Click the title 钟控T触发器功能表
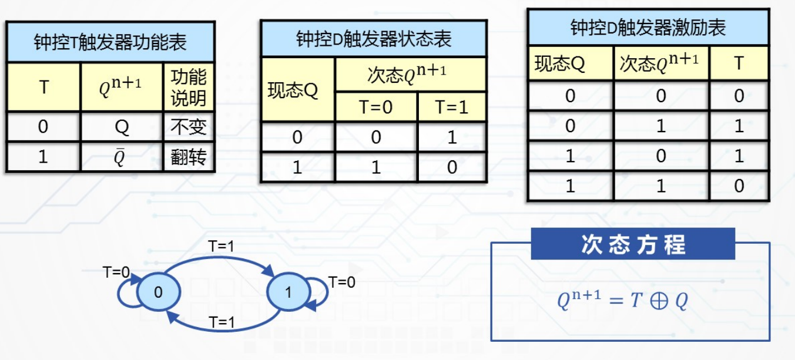pyautogui.click(x=110, y=43)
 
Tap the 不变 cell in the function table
pyautogui.click(x=189, y=127)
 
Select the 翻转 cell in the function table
pyautogui.click(x=189, y=157)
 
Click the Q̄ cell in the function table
pyautogui.click(x=122, y=157)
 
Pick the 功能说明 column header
pyautogui.click(x=189, y=88)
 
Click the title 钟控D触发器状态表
pyautogui.click(x=374, y=39)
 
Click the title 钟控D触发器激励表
pyautogui.click(x=648, y=27)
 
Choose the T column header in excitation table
pyautogui.click(x=739, y=63)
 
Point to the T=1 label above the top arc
pyautogui.click(x=221, y=247)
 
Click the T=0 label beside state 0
pyautogui.click(x=116, y=272)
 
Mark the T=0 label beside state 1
pyautogui.click(x=342, y=282)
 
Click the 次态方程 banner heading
pyautogui.click(x=633, y=244)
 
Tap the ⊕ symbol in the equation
pyautogui.click(x=659, y=302)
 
